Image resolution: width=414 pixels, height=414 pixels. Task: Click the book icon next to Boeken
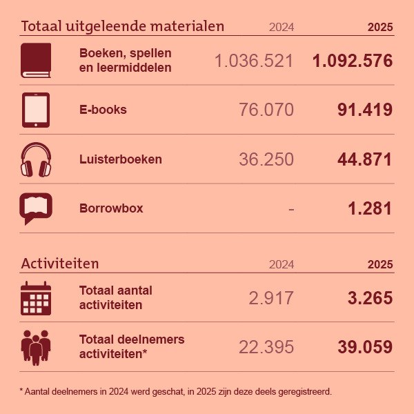click(36, 60)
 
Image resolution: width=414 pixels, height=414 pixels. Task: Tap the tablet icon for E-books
click(36, 110)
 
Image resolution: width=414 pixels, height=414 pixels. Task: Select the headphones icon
click(36, 159)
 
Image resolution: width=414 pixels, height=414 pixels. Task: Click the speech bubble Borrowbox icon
click(36, 208)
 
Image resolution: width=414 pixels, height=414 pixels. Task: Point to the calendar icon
click(36, 298)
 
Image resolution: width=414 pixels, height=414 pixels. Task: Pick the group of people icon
click(36, 346)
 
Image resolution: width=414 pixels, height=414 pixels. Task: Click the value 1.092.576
click(352, 61)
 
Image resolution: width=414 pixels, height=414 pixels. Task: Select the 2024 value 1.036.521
click(254, 61)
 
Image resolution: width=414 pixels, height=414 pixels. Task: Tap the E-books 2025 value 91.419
click(365, 110)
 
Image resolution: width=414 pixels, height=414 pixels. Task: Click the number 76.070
click(266, 110)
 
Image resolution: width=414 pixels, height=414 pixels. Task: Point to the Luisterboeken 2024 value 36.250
click(266, 159)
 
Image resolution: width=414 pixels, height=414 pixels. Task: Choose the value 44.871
click(365, 159)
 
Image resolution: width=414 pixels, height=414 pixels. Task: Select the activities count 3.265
click(370, 298)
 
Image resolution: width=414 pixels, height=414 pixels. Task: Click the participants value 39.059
click(365, 346)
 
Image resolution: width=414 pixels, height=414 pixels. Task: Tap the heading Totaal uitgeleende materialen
click(123, 26)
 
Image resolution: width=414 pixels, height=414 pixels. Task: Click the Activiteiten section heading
click(60, 264)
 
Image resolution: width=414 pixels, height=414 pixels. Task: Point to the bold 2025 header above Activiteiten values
click(380, 264)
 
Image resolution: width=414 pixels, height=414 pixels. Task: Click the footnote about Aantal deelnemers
click(176, 391)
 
